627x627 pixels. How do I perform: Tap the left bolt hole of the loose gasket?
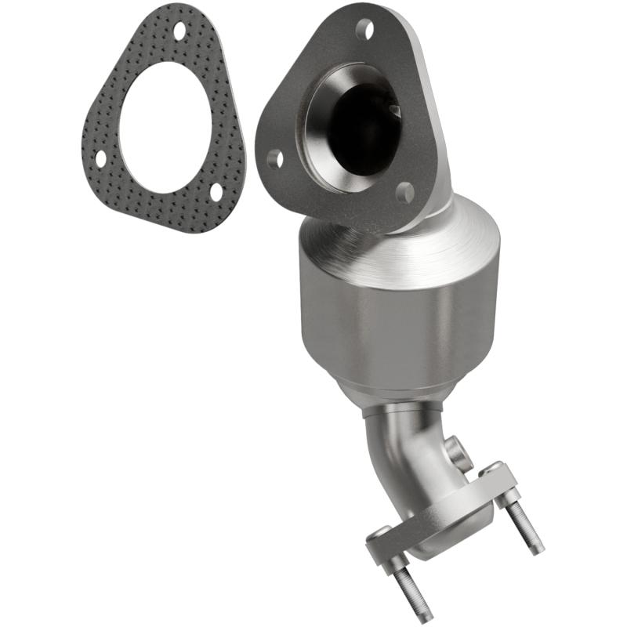coord(100,158)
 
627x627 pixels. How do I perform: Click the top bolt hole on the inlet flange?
coord(364,30)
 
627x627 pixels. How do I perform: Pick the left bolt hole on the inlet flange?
coord(274,160)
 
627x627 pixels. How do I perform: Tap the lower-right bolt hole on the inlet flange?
coord(404,193)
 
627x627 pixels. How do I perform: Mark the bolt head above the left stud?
coord(379,534)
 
